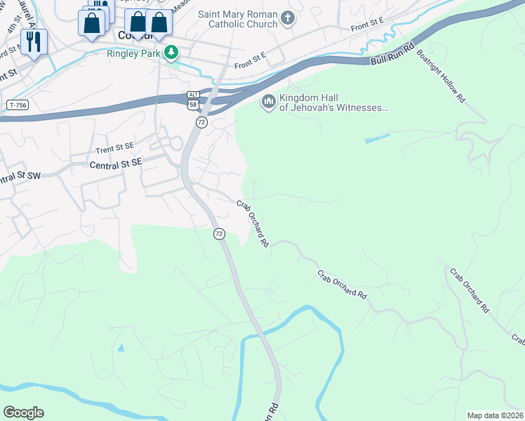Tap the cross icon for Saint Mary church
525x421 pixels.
tap(286, 18)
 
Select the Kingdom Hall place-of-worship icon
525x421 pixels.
tap(268, 102)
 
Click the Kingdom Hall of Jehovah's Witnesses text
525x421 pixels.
tap(333, 102)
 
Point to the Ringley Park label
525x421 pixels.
tap(133, 53)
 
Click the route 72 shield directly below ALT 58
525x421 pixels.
tap(201, 122)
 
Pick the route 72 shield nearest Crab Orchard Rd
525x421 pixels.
tap(219, 233)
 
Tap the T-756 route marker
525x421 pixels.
tap(19, 105)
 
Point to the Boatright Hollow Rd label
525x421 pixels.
tap(441, 76)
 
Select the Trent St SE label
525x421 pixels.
tap(114, 148)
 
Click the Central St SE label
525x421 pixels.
tap(116, 163)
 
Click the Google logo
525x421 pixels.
tap(23, 413)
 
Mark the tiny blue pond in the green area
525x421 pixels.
tap(121, 347)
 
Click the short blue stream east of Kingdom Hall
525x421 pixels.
tap(378, 139)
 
